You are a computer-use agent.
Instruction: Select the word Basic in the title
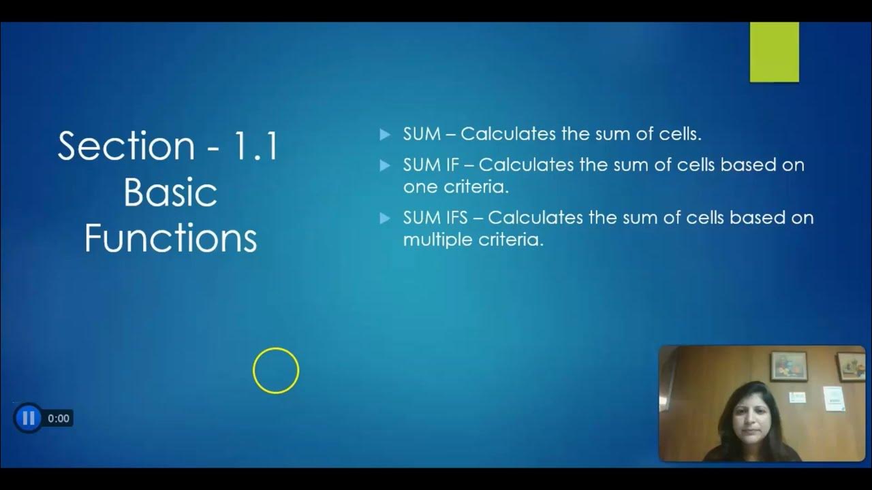(x=170, y=193)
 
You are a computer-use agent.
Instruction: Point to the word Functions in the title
(x=170, y=239)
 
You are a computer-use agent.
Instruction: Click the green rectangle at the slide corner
(x=774, y=52)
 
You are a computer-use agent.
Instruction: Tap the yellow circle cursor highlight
(x=276, y=370)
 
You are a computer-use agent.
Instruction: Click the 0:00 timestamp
(x=59, y=419)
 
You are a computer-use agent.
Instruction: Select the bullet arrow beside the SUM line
(x=385, y=135)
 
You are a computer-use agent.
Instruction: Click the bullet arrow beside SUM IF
(x=385, y=165)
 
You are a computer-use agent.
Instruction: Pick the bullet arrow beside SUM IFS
(x=385, y=218)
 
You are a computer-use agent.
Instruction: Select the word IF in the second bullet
(x=453, y=165)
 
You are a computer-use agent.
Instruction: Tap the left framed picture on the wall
(x=788, y=365)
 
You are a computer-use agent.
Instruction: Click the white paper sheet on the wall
(x=834, y=398)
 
